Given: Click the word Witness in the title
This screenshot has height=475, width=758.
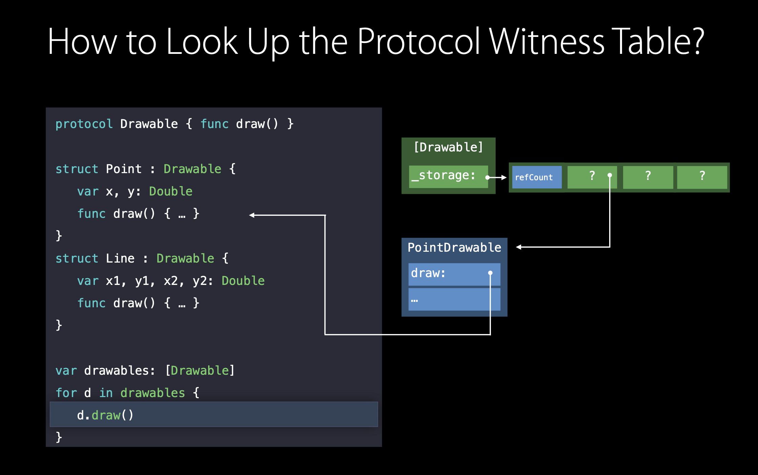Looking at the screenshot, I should (x=546, y=42).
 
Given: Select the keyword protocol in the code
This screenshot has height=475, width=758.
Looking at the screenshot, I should (x=84, y=124).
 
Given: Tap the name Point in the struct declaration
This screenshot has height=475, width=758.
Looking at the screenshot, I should (x=123, y=169).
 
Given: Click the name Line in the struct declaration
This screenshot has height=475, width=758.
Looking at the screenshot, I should (x=120, y=259).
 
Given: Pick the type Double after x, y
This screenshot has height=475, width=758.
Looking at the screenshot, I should (x=171, y=191).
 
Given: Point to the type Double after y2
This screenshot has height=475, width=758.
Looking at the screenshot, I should (x=243, y=281).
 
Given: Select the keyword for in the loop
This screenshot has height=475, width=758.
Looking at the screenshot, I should (x=66, y=393).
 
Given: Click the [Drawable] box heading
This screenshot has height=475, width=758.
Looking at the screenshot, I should (x=448, y=147).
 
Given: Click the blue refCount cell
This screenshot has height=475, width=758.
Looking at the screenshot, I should (x=536, y=177).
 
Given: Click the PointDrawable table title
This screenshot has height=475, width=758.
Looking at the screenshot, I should (x=454, y=248).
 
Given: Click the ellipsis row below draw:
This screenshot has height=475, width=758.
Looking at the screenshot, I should (x=454, y=300).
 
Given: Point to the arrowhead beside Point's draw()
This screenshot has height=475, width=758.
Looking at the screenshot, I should (x=252, y=215).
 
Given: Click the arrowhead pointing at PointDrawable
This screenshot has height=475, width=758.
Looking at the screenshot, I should (x=519, y=247).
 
